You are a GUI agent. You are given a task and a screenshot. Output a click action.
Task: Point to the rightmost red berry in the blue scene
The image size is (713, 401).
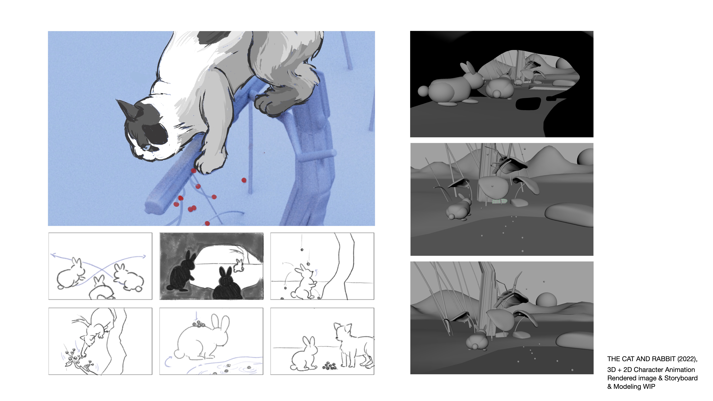pyautogui.click(x=244, y=180)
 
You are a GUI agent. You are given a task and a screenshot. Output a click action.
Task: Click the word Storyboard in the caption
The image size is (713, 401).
pyautogui.click(x=681, y=378)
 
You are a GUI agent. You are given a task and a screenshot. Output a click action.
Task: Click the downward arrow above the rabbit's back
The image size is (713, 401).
pyautogui.click(x=196, y=315)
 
